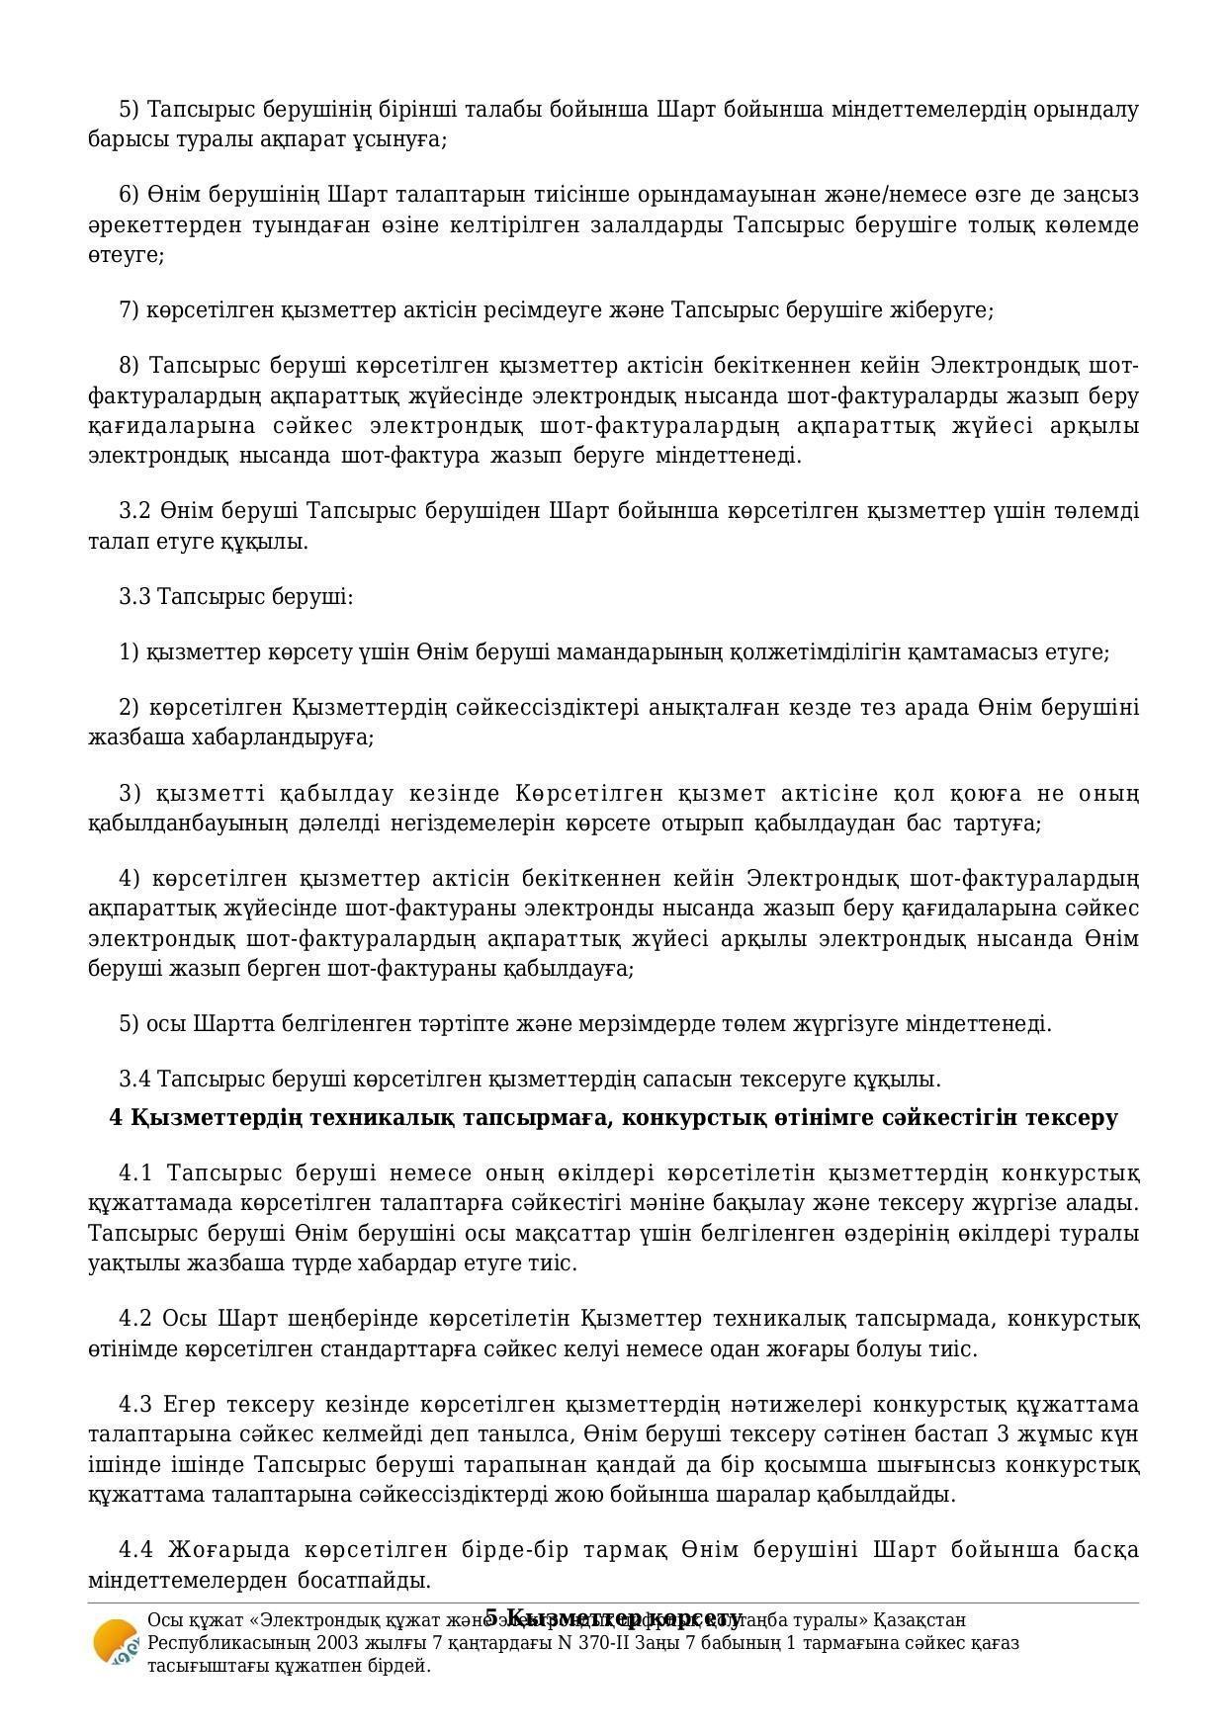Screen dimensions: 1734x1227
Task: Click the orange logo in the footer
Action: pos(115,1642)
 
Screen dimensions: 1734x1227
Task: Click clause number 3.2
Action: pos(134,511)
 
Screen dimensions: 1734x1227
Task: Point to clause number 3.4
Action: pos(134,1079)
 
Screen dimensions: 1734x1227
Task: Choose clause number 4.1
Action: pos(136,1173)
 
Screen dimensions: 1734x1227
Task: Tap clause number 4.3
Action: pos(135,1405)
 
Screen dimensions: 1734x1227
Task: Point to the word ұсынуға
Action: pos(399,139)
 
